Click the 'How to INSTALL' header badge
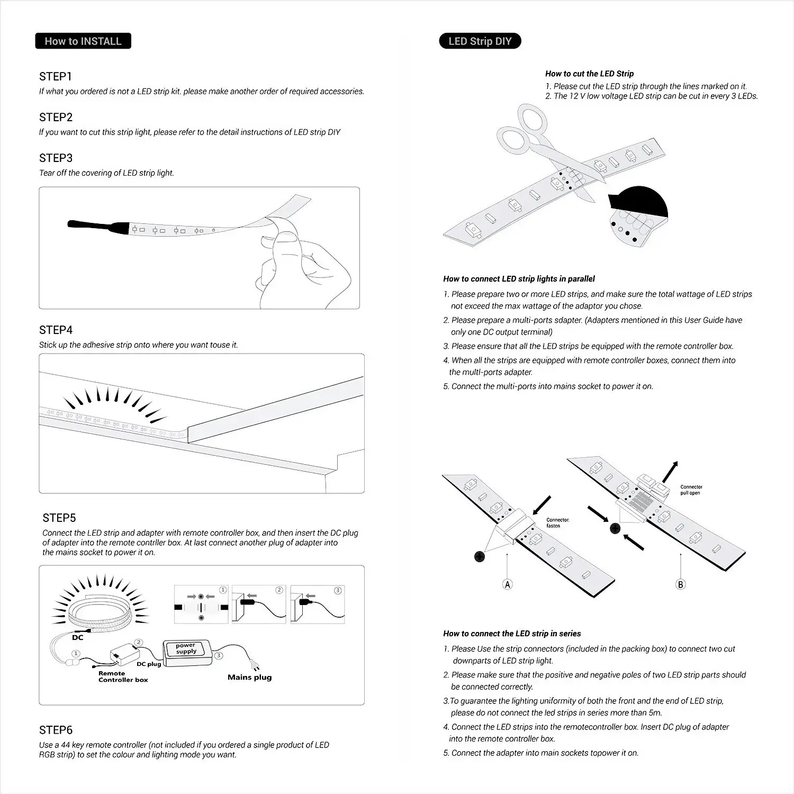point(83,41)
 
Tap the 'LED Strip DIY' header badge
point(480,41)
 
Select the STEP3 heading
point(56,158)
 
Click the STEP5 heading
point(59,518)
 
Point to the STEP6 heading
point(56,730)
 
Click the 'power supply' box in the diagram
point(186,649)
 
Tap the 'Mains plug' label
point(249,678)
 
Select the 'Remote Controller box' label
point(123,676)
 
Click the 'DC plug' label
point(149,664)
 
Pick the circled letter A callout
point(508,584)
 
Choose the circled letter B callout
point(681,584)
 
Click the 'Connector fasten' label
point(557,523)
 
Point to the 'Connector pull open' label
point(691,490)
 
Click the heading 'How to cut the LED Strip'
point(589,74)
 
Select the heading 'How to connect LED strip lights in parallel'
point(519,279)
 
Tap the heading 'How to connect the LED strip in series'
point(512,634)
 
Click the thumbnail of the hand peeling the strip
point(199,248)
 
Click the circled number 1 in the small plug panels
point(223,590)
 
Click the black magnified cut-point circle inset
point(638,214)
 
